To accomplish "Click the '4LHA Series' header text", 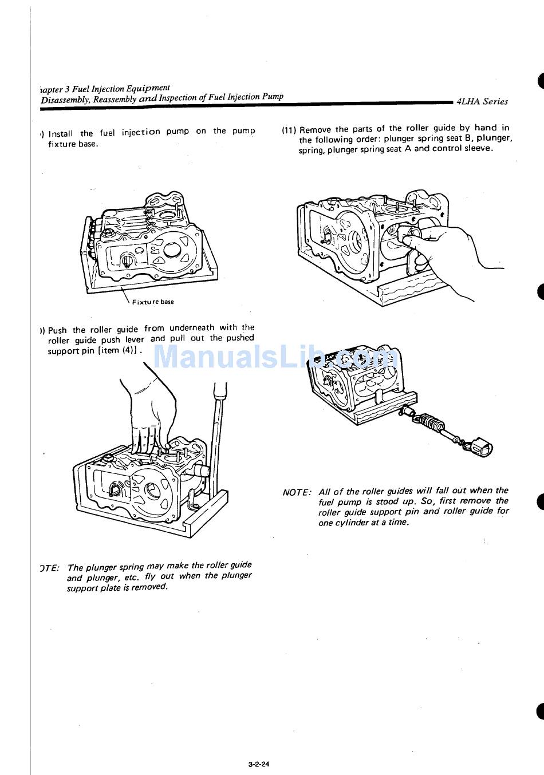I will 482,101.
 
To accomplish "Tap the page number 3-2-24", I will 259,748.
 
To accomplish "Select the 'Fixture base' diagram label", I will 153,302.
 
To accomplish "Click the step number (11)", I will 289,130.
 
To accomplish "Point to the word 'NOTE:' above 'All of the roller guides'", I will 297,492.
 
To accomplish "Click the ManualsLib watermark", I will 275,358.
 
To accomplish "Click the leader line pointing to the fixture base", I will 124,296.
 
